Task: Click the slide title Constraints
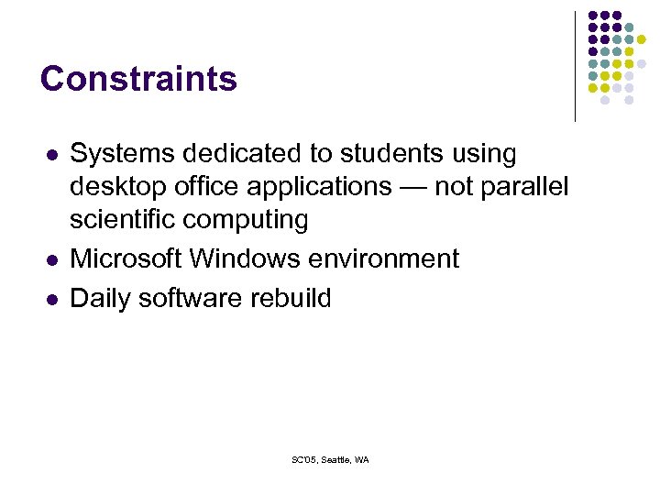(138, 79)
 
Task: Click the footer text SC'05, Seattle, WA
(330, 459)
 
